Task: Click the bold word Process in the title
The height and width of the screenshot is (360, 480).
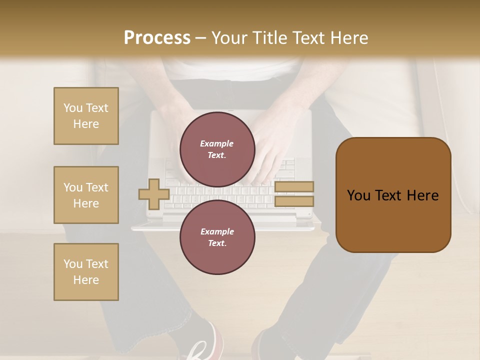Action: click(x=157, y=38)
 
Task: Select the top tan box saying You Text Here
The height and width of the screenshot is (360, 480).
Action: click(x=86, y=116)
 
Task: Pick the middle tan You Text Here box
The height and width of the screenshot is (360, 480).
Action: click(x=86, y=195)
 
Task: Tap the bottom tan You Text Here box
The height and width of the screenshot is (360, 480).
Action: click(x=86, y=272)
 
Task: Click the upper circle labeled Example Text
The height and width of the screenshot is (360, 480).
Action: click(x=217, y=149)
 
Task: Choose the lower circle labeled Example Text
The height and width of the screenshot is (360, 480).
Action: click(x=217, y=237)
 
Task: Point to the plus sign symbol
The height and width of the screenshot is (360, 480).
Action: click(x=153, y=194)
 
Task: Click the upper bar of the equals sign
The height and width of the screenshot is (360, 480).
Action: click(x=294, y=186)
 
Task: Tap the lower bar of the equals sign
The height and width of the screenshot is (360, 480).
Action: click(x=294, y=201)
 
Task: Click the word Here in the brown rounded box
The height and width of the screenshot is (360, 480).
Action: click(x=422, y=195)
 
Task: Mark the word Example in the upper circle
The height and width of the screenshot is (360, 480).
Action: click(x=217, y=144)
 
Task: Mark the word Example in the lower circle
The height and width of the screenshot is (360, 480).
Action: click(x=217, y=231)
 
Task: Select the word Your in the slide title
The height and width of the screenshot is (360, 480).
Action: click(x=230, y=38)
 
